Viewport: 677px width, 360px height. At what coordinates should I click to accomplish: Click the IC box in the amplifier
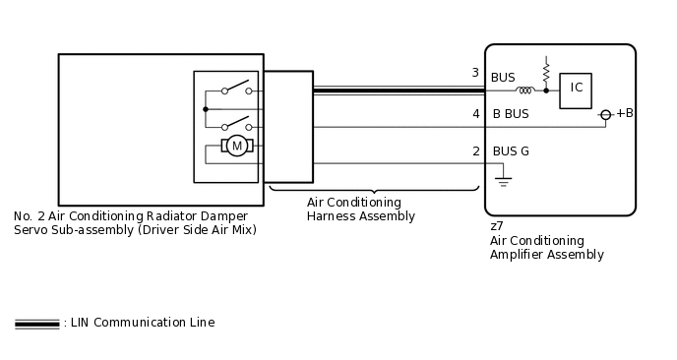click(577, 89)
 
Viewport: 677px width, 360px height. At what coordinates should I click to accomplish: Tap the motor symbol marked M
click(236, 146)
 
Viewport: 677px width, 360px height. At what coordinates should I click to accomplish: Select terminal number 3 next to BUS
click(475, 74)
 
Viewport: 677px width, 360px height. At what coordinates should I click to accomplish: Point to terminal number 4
click(475, 114)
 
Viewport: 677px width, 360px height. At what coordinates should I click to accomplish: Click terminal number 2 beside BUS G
click(475, 151)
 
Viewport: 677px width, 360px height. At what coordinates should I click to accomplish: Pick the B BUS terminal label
click(511, 114)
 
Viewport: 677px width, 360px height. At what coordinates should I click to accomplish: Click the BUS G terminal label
click(511, 151)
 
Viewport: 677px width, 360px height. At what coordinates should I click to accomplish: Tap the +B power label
click(624, 113)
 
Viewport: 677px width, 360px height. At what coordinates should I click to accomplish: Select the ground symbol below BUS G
click(503, 182)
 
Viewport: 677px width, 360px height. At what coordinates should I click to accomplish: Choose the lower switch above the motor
click(236, 125)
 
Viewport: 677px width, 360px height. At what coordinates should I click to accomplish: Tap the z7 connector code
click(497, 226)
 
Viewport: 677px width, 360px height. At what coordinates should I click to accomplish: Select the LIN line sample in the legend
click(36, 324)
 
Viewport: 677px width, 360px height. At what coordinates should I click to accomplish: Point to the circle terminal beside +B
click(606, 115)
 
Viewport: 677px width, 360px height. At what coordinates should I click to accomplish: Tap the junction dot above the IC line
click(546, 90)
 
